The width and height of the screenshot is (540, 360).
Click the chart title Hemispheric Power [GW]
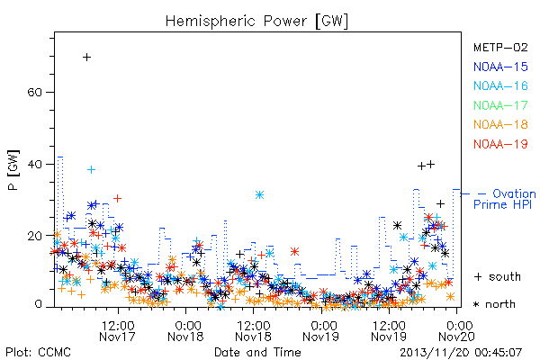(256, 21)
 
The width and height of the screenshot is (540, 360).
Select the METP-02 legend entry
(500, 47)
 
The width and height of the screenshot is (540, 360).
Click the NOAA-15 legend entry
(500, 67)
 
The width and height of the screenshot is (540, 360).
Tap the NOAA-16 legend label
(500, 85)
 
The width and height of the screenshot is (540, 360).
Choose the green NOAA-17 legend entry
(500, 105)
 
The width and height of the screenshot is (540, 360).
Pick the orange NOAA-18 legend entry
(500, 124)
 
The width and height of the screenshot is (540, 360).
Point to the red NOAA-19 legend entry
(500, 144)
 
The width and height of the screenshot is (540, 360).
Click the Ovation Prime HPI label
(505, 199)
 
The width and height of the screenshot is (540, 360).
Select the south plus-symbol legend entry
(498, 276)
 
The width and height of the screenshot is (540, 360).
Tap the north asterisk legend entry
(494, 304)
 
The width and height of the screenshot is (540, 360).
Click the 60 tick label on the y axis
(35, 93)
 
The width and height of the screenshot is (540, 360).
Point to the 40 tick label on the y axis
(35, 164)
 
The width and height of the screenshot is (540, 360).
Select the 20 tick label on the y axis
(35, 236)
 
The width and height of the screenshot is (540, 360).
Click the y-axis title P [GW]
(13, 170)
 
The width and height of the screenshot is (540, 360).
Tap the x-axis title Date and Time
(257, 352)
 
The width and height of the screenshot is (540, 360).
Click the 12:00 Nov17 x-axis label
(117, 331)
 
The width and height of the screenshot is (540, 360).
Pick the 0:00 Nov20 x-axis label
(457, 331)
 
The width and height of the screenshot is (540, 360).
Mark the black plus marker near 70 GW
(86, 57)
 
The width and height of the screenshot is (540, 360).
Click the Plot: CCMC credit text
(38, 352)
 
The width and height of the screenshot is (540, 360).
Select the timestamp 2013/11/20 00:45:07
(461, 352)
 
